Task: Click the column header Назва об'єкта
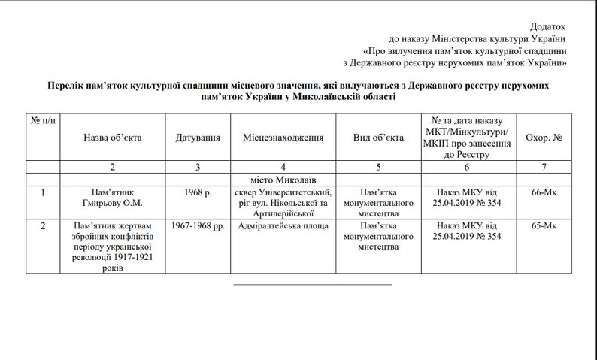tap(113, 138)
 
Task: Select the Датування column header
tap(198, 138)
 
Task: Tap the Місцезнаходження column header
tap(283, 138)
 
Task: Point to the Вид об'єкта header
tap(377, 138)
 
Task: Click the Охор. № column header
tap(544, 138)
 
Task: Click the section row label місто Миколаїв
tap(283, 180)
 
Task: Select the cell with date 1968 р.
tap(198, 193)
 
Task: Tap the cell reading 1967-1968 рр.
tap(198, 225)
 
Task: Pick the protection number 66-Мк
tap(544, 193)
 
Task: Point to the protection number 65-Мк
tap(544, 225)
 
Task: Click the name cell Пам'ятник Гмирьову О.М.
tap(113, 198)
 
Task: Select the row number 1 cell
tap(43, 193)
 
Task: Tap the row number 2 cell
tap(43, 225)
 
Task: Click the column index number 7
tap(544, 166)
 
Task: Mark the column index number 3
tap(198, 166)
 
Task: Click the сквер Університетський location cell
tap(283, 198)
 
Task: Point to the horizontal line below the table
tap(312, 285)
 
